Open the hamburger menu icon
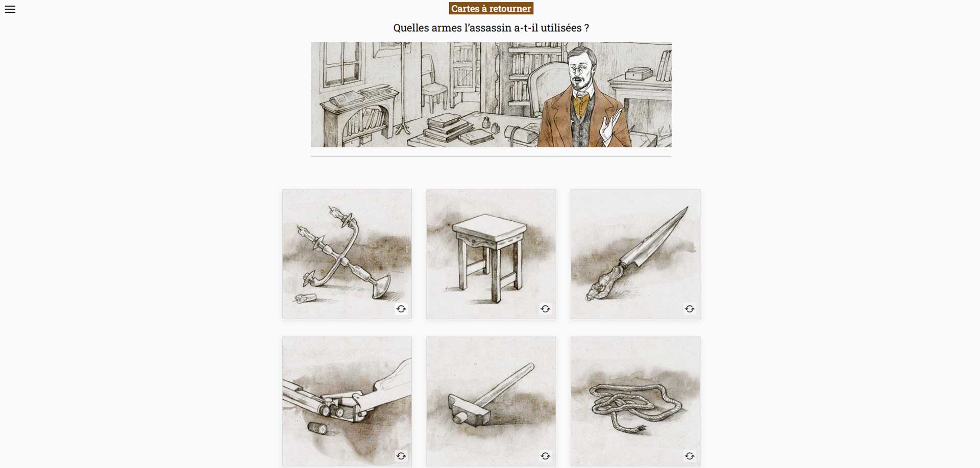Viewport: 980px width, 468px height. click(10, 9)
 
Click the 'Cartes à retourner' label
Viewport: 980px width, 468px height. click(491, 9)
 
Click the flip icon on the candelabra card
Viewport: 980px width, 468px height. click(401, 309)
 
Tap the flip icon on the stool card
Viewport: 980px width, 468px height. click(545, 309)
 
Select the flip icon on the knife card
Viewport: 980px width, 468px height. click(690, 309)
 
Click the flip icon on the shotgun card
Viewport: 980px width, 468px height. click(401, 456)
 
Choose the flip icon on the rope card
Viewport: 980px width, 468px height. click(690, 456)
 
